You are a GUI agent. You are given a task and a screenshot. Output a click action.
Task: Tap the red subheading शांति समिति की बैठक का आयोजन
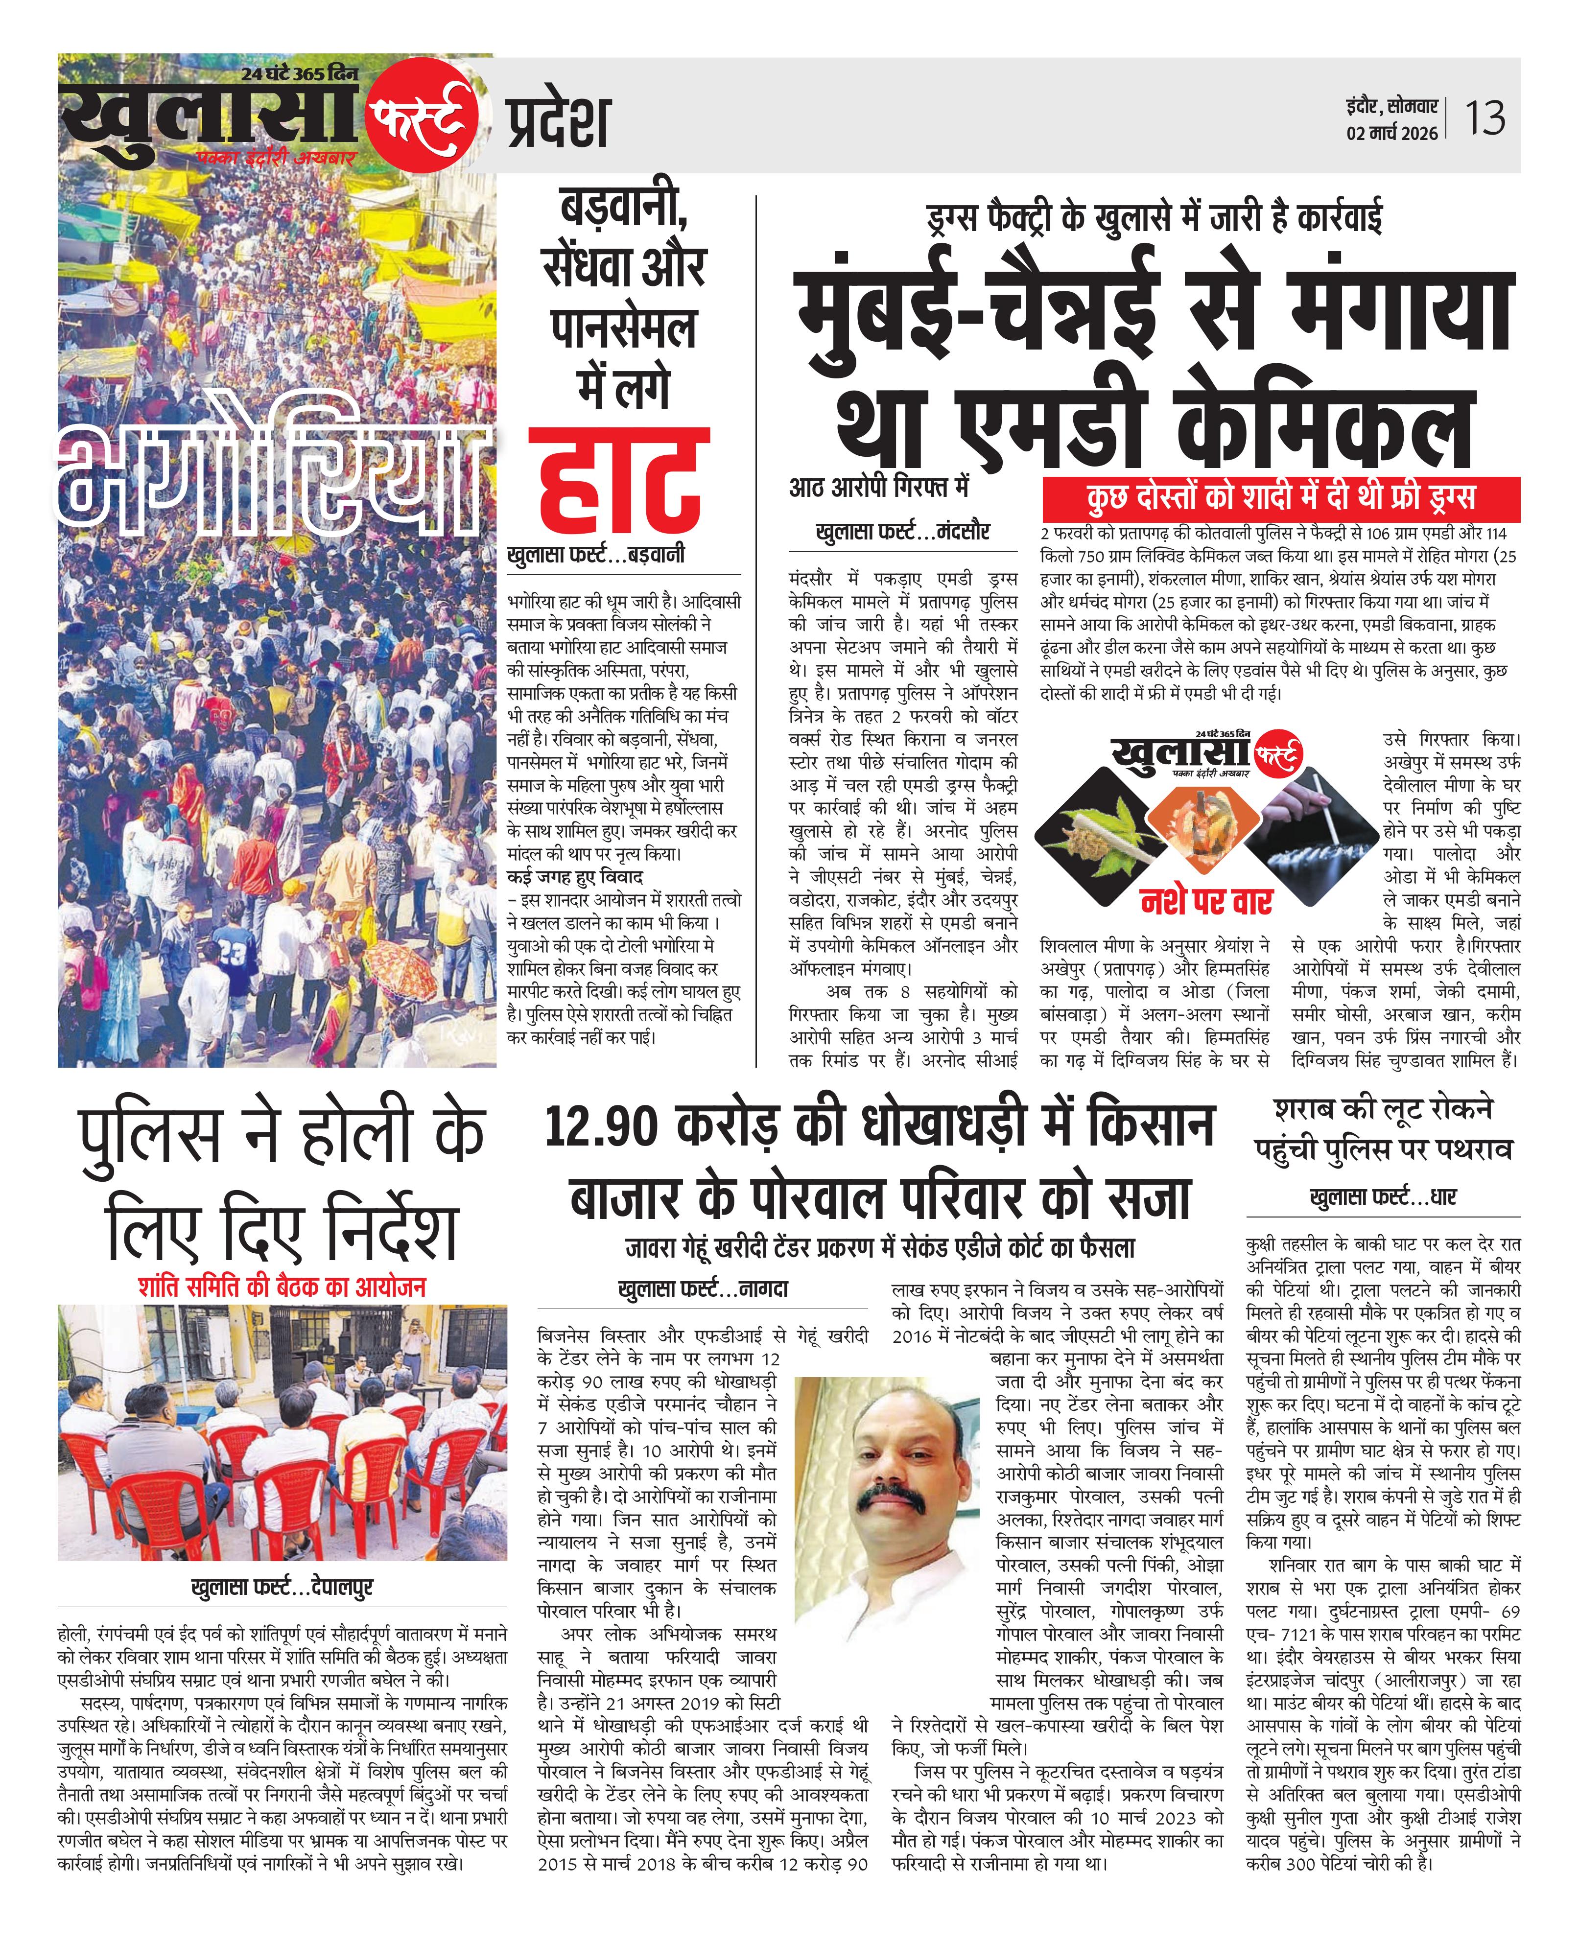282,1287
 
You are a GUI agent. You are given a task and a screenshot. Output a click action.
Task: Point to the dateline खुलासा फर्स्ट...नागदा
702,1289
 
